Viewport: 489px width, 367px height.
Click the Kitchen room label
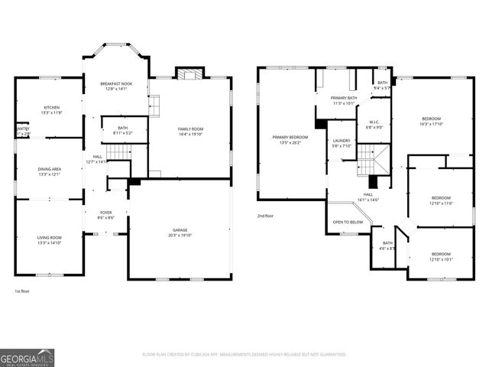click(52, 108)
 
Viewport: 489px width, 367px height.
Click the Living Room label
click(50, 238)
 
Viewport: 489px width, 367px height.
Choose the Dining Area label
click(50, 171)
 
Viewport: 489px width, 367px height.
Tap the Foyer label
click(105, 213)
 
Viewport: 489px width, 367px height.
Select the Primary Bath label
click(344, 99)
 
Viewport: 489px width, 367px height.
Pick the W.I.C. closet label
click(374, 122)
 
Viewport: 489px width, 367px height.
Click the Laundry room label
click(342, 141)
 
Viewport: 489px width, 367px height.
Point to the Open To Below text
click(347, 222)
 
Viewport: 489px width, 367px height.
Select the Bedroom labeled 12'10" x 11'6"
click(441, 198)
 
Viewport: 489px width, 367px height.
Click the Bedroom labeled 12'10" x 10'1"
click(441, 254)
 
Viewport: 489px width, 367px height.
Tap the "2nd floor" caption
click(266, 216)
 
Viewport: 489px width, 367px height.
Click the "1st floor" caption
click(23, 291)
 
